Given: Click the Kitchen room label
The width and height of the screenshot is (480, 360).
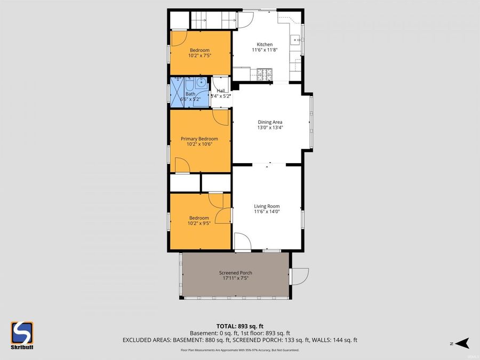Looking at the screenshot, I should tap(265, 44).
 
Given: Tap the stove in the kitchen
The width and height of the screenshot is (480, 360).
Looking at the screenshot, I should tap(264, 74).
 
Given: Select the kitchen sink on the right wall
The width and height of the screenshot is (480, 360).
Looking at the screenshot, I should tap(294, 39).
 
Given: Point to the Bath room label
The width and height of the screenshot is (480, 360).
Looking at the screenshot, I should tap(190, 94).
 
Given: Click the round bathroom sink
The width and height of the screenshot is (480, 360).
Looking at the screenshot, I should tap(201, 83).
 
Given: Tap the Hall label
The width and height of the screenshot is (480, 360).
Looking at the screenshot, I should tap(221, 91).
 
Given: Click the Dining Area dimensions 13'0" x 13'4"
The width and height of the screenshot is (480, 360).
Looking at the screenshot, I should tap(270, 127).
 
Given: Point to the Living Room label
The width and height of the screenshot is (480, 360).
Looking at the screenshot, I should tap(267, 206).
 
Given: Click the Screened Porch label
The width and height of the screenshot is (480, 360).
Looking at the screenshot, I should tap(235, 273).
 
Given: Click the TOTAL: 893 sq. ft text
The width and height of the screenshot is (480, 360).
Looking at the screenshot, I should tap(240, 326).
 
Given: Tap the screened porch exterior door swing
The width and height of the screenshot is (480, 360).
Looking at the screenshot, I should tap(300, 275).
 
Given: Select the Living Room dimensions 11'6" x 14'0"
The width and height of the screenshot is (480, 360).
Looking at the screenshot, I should tap(267, 212).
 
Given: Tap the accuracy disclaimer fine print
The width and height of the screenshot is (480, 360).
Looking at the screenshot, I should tap(240, 350).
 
